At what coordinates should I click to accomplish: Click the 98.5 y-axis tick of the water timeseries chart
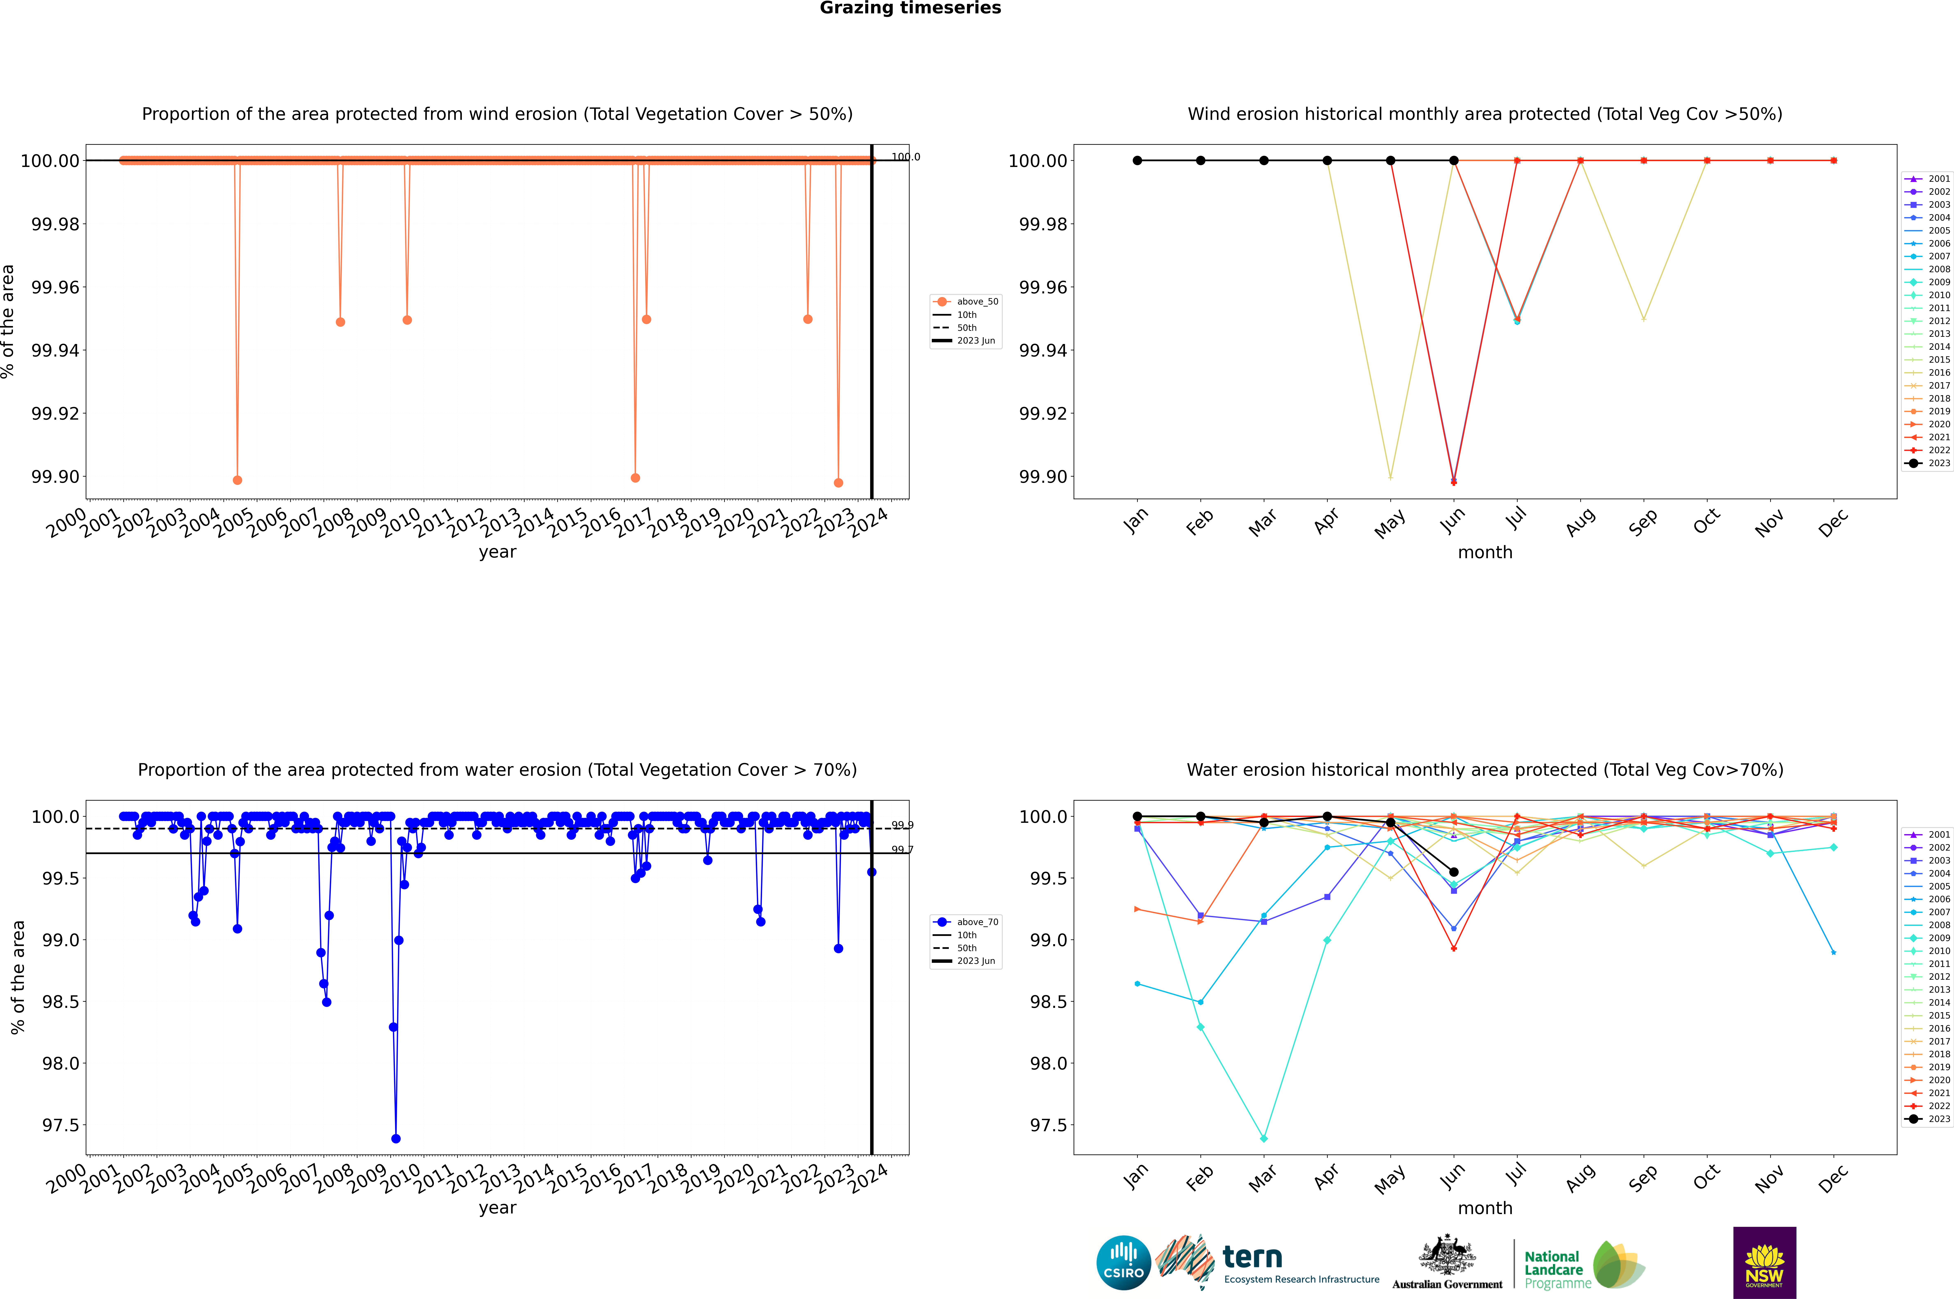click(x=60, y=1001)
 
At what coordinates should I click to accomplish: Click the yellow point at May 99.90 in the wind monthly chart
click(x=1390, y=477)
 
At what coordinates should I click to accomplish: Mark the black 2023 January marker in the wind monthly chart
click(x=1137, y=161)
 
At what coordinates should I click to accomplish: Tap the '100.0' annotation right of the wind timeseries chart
click(x=905, y=157)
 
